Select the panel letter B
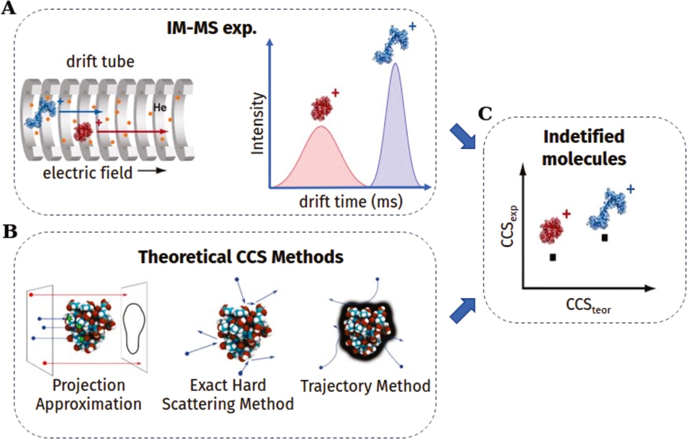(10, 231)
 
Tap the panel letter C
(485, 114)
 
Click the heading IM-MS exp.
(211, 28)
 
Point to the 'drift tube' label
(100, 61)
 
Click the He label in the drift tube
(160, 108)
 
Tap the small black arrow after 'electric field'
(152, 171)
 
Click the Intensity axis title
(258, 124)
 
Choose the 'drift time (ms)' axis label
(350, 201)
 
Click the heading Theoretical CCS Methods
(241, 257)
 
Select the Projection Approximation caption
(89, 394)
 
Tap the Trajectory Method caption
(365, 386)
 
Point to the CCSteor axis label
(588, 305)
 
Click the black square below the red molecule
(553, 257)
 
